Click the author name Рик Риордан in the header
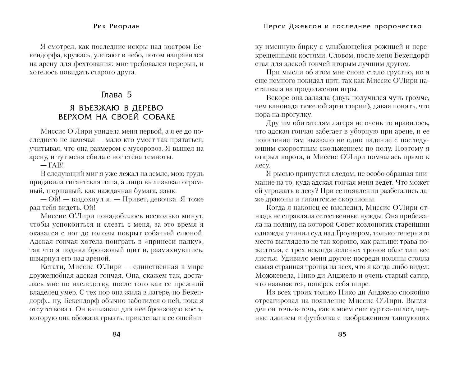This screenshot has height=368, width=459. pos(117,26)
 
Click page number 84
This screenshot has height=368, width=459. pos(116,334)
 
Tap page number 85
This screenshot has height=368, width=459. pos(342,334)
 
